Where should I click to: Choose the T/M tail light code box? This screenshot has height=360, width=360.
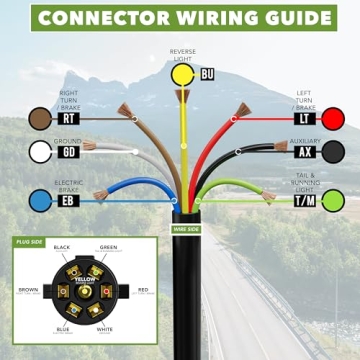303,201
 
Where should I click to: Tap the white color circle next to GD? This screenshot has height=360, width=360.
41,152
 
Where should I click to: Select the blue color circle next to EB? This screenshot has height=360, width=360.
41,200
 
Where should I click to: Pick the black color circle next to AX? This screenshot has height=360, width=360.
332,152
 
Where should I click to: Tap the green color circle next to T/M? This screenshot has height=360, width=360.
332,200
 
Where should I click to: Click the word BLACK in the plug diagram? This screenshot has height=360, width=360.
61,247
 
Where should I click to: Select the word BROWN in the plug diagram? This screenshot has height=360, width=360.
27,290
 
